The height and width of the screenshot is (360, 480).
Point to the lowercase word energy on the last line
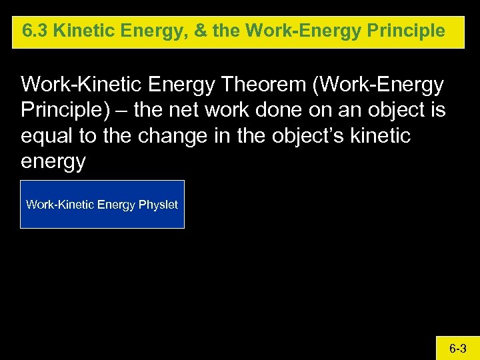click(53, 161)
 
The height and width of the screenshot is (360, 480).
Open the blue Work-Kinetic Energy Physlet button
click(102, 205)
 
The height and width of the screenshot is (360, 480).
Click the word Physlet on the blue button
click(158, 205)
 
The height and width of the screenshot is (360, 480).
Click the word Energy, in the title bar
click(157, 31)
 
